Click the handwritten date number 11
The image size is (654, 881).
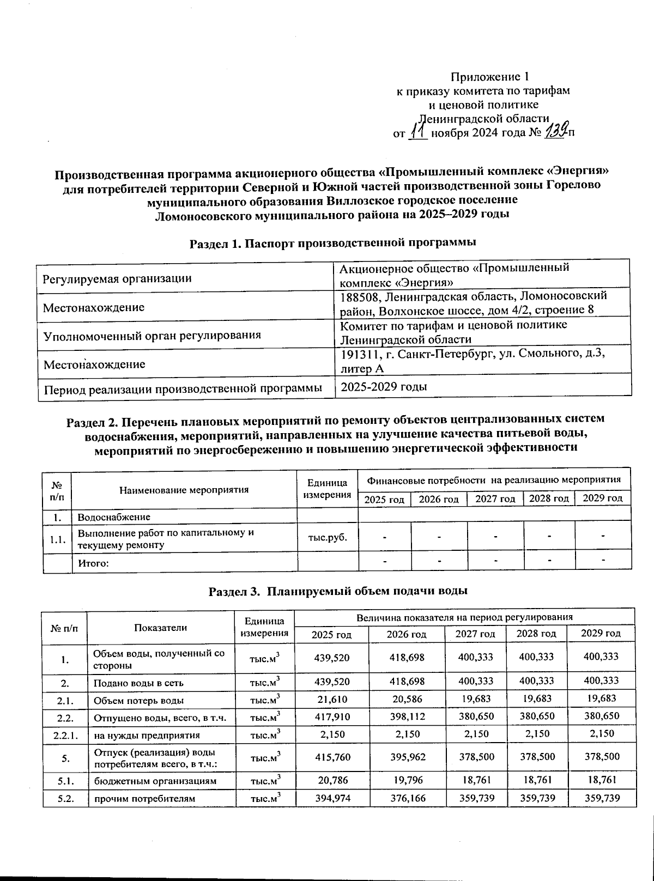tap(417, 131)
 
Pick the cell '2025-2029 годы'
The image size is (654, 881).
tap(383, 386)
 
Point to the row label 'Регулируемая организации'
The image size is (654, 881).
tap(117, 278)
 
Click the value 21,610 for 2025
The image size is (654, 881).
tap(332, 700)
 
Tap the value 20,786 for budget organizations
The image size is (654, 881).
tap(332, 780)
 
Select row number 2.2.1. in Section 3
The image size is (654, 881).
tap(65, 734)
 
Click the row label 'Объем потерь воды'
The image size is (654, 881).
tap(138, 700)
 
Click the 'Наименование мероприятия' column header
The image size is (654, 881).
tap(184, 489)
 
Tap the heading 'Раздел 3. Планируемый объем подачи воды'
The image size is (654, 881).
tap(338, 591)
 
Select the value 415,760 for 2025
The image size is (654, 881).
tap(332, 757)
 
